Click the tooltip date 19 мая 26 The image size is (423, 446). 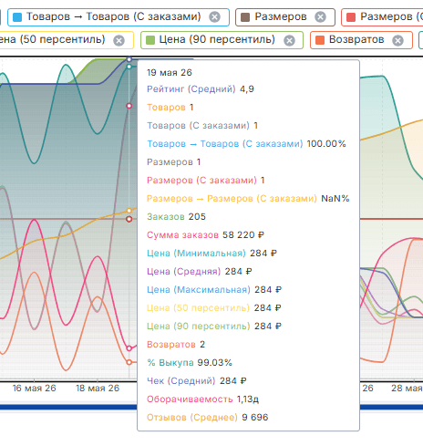coord(170,73)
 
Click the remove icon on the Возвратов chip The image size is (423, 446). coord(397,40)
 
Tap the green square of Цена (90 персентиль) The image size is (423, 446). coord(150,40)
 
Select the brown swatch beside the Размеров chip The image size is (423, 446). coord(245,17)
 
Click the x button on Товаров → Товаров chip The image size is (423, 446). coord(214,17)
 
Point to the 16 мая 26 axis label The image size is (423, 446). coord(34,389)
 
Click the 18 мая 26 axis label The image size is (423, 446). coord(98,389)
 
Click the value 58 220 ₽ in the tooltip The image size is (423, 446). coord(243,235)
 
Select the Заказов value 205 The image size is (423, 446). coord(197,217)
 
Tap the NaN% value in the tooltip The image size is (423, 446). coord(335,199)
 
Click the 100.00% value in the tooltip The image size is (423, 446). coord(326,144)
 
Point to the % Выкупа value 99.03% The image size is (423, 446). coord(214,363)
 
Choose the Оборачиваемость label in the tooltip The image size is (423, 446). coord(190,399)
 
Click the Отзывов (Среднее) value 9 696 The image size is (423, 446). coord(255,418)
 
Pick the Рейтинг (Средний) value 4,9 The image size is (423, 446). coord(247,89)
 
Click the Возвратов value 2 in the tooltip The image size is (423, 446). coord(202,345)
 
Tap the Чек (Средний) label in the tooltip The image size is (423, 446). coord(181,381)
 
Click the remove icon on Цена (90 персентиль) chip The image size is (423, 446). coord(289,40)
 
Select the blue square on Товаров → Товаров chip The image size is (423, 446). coord(17,17)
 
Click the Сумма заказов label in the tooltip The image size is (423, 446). coord(182,235)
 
